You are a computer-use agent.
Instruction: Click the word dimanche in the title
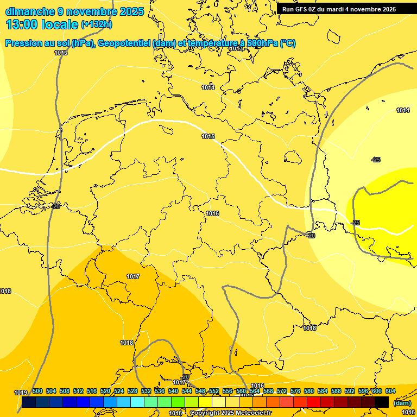click(x=29, y=11)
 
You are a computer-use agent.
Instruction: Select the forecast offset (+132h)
click(x=96, y=24)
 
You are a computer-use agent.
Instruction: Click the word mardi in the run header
click(x=338, y=9)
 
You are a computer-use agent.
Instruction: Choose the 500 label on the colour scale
click(x=37, y=391)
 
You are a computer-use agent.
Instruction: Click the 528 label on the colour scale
click(x=132, y=391)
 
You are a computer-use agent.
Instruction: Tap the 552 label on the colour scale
click(x=214, y=391)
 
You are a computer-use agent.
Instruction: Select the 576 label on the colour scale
click(x=295, y=391)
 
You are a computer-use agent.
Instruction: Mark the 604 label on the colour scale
click(x=390, y=391)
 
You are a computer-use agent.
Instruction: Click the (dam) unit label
click(x=402, y=403)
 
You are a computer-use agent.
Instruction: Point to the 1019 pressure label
click(x=21, y=393)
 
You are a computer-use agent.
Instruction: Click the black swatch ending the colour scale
click(x=382, y=402)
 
